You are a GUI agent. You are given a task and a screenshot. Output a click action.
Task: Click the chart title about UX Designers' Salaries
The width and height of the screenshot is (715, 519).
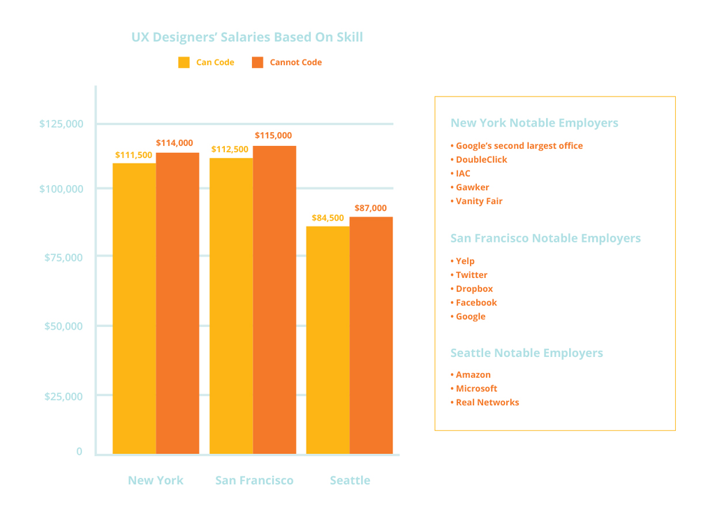(x=247, y=37)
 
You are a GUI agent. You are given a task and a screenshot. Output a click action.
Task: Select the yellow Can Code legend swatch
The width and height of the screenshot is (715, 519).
(x=184, y=62)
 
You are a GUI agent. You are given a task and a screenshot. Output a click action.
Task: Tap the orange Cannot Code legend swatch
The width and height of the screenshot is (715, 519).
(x=258, y=62)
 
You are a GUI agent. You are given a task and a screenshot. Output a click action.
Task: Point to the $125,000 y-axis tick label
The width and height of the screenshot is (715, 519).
(x=61, y=124)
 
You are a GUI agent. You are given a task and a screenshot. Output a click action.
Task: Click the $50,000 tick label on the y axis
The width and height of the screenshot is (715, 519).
(x=64, y=326)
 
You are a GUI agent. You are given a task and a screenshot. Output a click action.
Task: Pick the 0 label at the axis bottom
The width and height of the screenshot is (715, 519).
(x=80, y=452)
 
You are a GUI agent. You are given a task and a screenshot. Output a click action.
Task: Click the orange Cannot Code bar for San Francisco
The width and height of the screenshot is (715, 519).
(x=274, y=300)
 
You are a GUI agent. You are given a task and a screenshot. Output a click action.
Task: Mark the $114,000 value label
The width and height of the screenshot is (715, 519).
(x=175, y=143)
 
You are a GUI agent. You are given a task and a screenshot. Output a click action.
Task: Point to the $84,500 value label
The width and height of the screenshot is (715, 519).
(x=327, y=218)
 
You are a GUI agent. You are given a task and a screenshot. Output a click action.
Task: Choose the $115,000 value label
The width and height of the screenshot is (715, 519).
(x=273, y=136)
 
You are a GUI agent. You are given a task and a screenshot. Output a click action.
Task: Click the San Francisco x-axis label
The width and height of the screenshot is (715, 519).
(x=254, y=481)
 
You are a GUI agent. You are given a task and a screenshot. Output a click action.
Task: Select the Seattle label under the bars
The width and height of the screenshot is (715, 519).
(x=350, y=481)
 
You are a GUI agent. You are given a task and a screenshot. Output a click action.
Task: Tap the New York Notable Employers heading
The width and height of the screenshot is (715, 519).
(x=534, y=123)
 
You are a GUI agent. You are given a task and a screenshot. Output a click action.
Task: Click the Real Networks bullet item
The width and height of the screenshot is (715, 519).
(x=486, y=402)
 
